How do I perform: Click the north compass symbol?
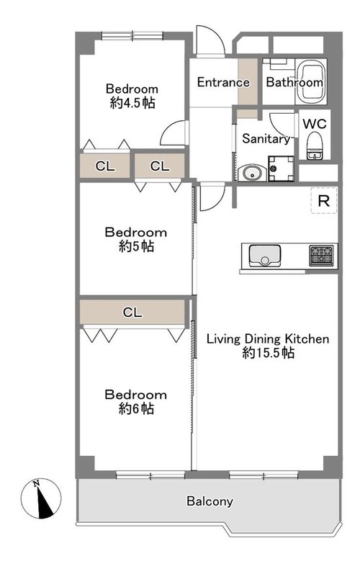41,498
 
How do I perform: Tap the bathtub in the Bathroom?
312,81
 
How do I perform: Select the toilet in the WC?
315,145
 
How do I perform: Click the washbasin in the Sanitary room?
252,174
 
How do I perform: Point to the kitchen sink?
264,256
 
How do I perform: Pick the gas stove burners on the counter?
321,256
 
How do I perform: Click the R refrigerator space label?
324,201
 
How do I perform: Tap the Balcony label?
210,501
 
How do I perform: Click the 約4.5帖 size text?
132,103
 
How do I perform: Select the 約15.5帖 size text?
268,353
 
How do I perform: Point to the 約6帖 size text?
136,408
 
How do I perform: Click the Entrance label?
223,82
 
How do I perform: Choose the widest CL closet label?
132,313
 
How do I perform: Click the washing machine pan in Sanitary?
281,169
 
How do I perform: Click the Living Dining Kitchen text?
268,338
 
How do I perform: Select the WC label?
315,124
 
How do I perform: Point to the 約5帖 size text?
136,246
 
